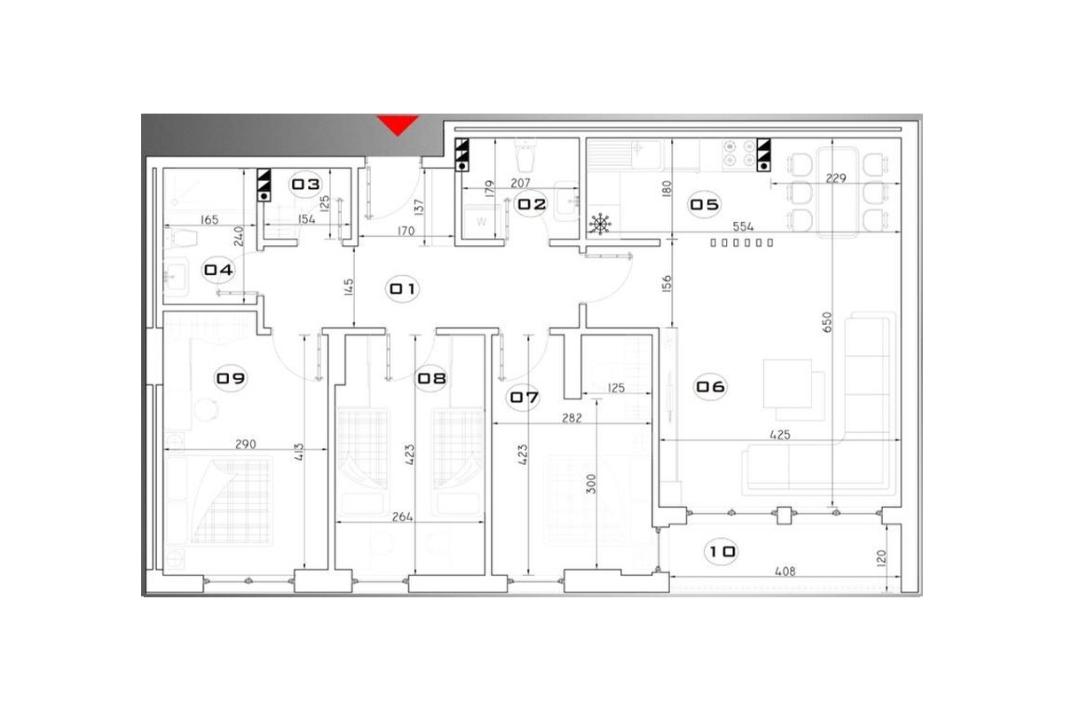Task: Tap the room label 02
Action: tap(532, 204)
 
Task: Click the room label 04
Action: tap(218, 270)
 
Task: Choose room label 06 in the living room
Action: tap(710, 387)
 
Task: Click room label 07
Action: tap(523, 398)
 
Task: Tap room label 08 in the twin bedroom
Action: tap(431, 379)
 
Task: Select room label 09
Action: tap(231, 379)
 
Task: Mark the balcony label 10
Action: tap(722, 552)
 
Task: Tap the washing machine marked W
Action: tap(481, 222)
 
